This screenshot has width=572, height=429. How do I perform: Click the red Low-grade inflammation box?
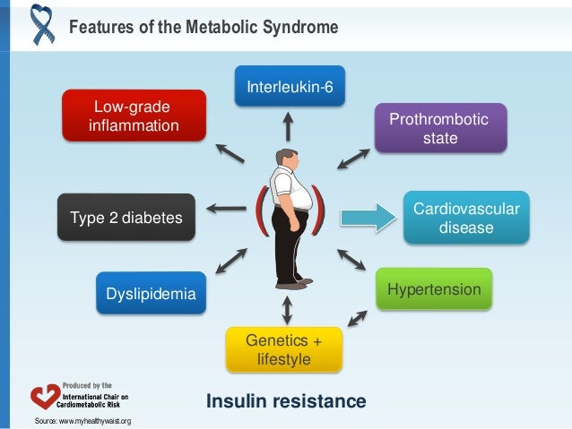click(x=133, y=116)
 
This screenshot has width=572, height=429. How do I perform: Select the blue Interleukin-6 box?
click(x=289, y=86)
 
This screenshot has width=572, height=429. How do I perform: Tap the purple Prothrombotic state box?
click(x=440, y=129)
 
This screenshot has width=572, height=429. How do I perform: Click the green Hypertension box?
click(x=434, y=290)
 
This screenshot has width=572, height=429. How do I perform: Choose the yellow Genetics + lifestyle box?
click(x=282, y=349)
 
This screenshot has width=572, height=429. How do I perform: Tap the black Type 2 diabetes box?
click(x=126, y=218)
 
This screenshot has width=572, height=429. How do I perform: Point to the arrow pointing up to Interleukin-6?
click(x=288, y=124)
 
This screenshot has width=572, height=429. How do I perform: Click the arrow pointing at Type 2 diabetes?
click(x=227, y=210)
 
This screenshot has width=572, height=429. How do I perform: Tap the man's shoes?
click(x=293, y=284)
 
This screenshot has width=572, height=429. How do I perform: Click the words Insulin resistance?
click(x=286, y=401)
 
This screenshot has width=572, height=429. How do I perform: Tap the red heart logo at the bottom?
click(x=44, y=397)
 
